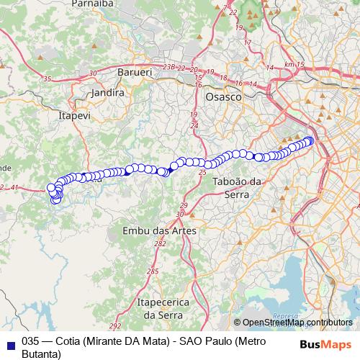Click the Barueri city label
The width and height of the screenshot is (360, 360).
[132, 73]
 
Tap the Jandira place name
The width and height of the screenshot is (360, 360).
[109, 93]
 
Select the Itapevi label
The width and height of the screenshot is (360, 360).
[73, 114]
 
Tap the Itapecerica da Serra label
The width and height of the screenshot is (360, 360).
[161, 309]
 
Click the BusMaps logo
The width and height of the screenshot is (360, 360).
[323, 343]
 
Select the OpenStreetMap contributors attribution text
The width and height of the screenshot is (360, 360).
[297, 323]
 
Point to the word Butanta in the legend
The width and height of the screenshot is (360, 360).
[42, 354]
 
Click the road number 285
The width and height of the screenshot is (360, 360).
[153, 271]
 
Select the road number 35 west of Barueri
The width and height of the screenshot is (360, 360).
[48, 78]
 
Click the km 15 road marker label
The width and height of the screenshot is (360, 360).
[295, 65]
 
